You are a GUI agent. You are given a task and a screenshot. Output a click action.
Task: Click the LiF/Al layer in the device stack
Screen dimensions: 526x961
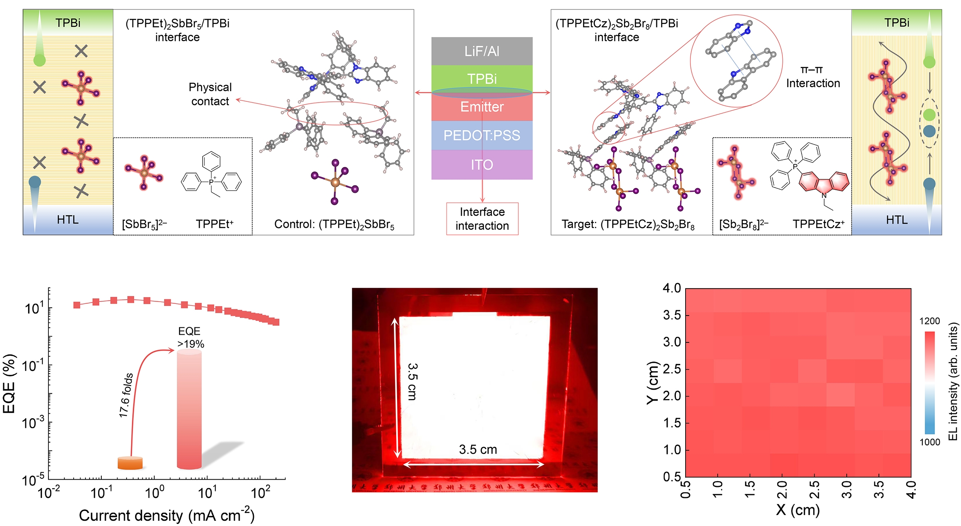pyautogui.click(x=482, y=51)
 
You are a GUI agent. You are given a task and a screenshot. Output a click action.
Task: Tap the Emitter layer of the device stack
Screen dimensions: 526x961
pyautogui.click(x=482, y=107)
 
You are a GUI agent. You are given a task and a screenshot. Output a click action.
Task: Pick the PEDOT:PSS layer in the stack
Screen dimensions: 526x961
pyautogui.click(x=482, y=135)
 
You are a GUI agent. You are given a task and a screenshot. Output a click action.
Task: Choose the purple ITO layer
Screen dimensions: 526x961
pyautogui.click(x=482, y=165)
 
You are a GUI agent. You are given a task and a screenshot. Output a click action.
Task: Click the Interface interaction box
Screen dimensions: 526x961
pyautogui.click(x=482, y=219)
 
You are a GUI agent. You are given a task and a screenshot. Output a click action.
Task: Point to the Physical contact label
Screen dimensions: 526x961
pyautogui.click(x=210, y=94)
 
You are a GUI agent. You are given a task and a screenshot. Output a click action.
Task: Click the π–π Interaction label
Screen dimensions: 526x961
pyautogui.click(x=812, y=77)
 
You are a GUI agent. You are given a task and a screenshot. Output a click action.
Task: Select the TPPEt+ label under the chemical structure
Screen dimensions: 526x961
pyautogui.click(x=214, y=224)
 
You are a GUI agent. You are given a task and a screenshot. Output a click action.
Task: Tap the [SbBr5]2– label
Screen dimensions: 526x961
pyautogui.click(x=144, y=224)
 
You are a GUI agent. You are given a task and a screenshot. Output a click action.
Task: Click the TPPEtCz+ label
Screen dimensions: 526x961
pyautogui.click(x=819, y=224)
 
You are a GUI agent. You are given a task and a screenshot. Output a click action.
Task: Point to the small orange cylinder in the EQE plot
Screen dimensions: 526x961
pyautogui.click(x=130, y=463)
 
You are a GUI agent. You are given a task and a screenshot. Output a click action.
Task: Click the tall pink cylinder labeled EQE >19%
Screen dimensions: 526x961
pyautogui.click(x=189, y=409)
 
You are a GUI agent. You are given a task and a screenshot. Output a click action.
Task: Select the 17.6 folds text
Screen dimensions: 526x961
pyautogui.click(x=126, y=395)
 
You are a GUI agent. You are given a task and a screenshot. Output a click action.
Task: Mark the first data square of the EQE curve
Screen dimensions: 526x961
pyautogui.click(x=77, y=305)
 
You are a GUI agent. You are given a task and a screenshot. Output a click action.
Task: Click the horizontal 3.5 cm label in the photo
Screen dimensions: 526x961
pyautogui.click(x=478, y=449)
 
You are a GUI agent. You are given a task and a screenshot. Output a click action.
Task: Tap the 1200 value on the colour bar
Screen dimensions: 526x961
pyautogui.click(x=930, y=321)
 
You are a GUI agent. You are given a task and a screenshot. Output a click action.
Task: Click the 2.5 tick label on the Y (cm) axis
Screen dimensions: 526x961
pyautogui.click(x=672, y=369)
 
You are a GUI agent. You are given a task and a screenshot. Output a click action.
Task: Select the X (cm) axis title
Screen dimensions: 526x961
pyautogui.click(x=797, y=510)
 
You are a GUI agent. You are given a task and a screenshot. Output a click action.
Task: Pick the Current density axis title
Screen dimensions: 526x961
pyautogui.click(x=166, y=515)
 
